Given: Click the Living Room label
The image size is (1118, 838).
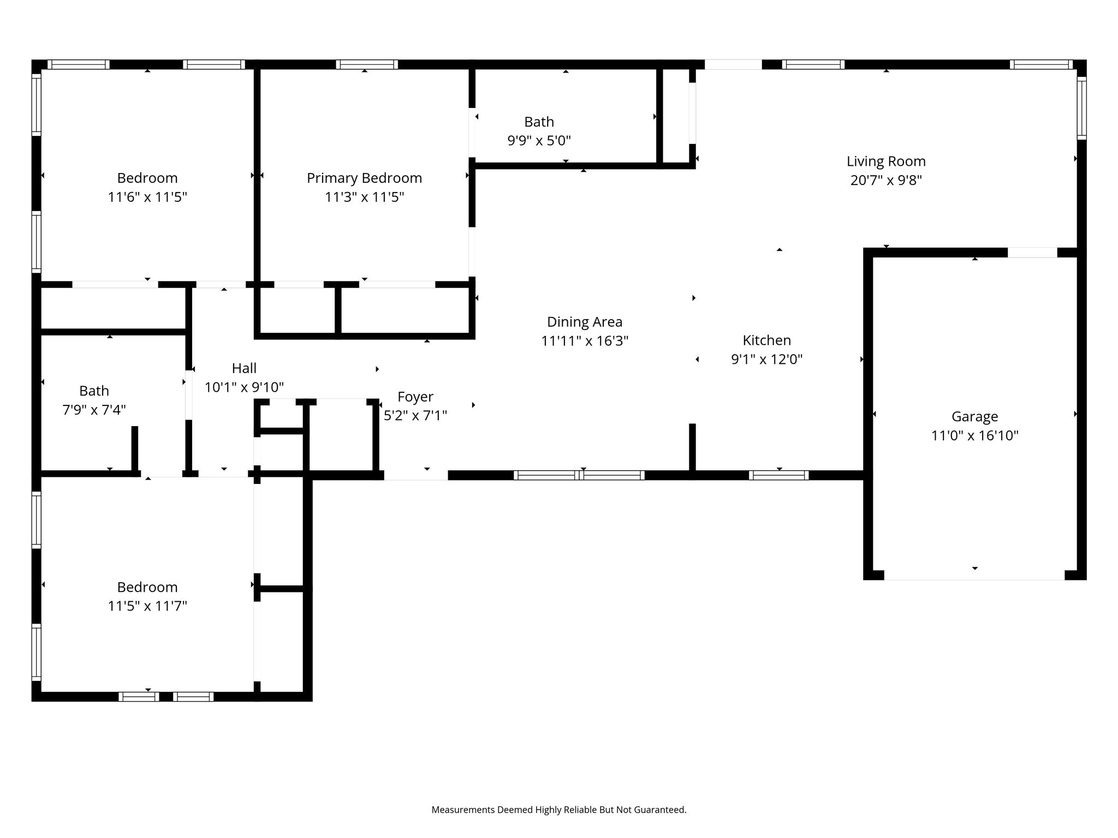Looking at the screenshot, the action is click(886, 161).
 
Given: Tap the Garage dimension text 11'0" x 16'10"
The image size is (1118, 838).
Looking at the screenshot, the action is click(975, 435).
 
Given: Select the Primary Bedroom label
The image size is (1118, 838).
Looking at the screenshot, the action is click(364, 178).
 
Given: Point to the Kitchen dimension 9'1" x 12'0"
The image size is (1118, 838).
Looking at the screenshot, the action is click(767, 359).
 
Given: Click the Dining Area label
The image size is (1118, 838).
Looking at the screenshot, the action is click(585, 322).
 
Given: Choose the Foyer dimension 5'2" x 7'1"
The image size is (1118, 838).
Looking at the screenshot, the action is click(415, 416).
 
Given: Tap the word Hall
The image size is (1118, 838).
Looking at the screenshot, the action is click(244, 368).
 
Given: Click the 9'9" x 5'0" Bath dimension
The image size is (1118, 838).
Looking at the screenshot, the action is click(539, 141).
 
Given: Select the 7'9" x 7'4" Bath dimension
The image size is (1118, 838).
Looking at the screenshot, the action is click(94, 410).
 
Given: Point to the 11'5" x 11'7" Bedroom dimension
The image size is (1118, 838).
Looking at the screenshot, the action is click(147, 606).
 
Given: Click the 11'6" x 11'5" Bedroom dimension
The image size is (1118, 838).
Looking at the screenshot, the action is click(147, 197).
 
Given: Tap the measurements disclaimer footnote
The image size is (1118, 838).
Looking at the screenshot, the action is click(559, 810).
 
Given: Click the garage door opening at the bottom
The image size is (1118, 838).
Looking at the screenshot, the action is click(974, 576).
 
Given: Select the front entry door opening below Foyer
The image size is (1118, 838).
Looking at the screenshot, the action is click(416, 476).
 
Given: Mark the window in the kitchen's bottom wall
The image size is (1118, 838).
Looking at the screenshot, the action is click(779, 475).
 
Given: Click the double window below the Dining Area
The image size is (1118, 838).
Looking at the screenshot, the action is click(579, 475).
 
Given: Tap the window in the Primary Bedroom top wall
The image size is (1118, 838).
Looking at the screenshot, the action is click(367, 64).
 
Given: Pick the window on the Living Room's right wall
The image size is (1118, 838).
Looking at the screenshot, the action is click(1081, 108).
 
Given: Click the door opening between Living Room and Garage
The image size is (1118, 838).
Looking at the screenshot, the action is click(1032, 253).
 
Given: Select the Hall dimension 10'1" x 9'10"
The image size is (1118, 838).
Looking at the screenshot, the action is click(244, 387).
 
